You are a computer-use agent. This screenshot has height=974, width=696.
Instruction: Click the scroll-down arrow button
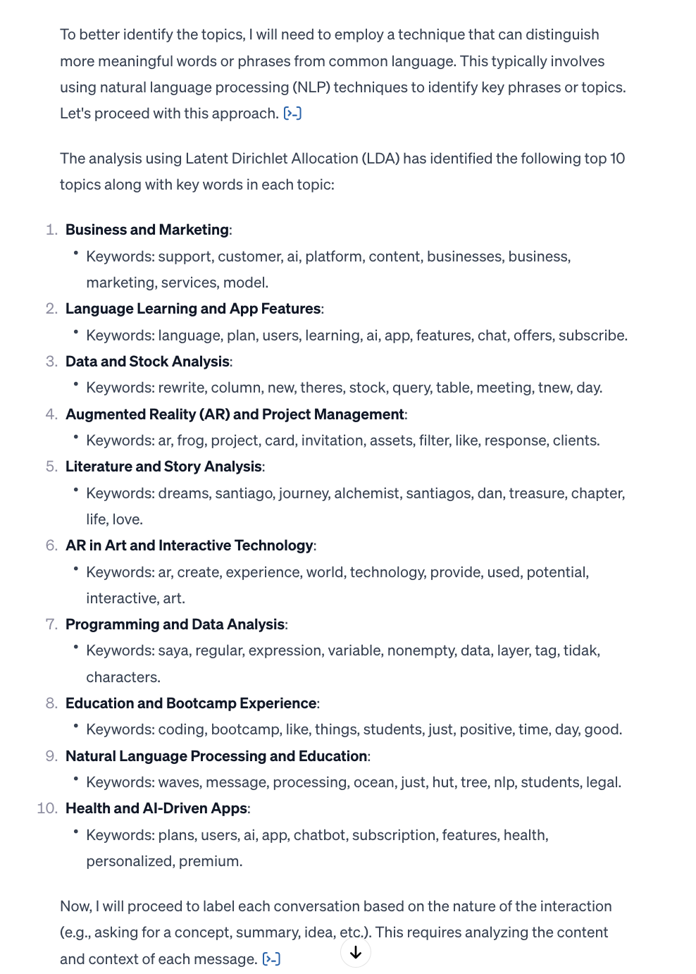click(356, 953)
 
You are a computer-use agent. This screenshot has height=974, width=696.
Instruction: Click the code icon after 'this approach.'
click(292, 113)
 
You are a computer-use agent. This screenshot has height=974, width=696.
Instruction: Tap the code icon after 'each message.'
click(271, 959)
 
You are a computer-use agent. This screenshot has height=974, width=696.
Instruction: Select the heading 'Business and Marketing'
click(147, 230)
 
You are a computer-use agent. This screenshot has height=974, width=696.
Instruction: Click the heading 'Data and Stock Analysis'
click(147, 362)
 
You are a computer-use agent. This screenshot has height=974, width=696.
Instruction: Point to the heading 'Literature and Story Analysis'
click(163, 467)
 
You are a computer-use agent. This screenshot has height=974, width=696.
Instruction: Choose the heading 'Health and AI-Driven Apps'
click(156, 808)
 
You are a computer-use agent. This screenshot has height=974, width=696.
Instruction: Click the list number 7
click(51, 624)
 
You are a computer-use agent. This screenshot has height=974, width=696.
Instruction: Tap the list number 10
click(46, 808)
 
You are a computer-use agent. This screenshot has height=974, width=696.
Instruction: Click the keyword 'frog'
click(190, 440)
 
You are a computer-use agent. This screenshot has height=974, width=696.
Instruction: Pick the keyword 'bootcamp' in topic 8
click(244, 729)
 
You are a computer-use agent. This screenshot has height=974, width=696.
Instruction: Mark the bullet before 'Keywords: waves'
click(75, 779)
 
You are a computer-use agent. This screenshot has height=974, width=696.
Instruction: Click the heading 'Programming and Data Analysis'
click(175, 624)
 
